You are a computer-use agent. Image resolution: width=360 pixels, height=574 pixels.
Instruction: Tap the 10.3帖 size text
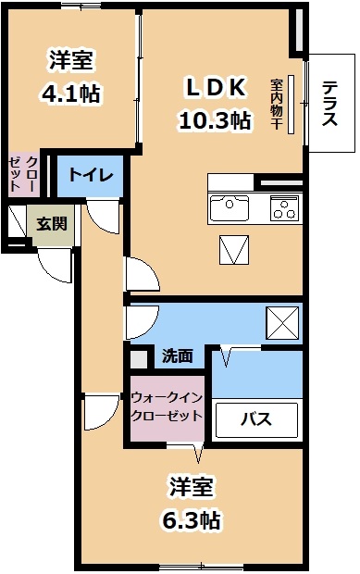pyautogui.click(x=215, y=120)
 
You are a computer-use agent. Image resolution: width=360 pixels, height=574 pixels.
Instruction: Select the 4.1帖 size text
pyautogui.click(x=71, y=94)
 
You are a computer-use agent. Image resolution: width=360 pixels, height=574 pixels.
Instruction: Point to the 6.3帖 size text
pyautogui.click(x=192, y=519)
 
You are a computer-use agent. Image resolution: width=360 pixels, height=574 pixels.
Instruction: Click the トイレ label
pyautogui.click(x=91, y=175)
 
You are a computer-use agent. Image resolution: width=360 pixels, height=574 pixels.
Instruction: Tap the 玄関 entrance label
pyautogui.click(x=52, y=224)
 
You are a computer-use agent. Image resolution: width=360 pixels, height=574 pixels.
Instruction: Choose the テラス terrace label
pyautogui.click(x=329, y=104)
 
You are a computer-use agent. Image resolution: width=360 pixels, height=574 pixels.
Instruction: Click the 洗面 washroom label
pyautogui.click(x=178, y=356)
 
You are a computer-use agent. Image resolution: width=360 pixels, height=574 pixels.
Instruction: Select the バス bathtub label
pyautogui.click(x=255, y=418)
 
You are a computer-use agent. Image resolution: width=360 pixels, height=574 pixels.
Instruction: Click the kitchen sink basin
pyautogui.click(x=229, y=208)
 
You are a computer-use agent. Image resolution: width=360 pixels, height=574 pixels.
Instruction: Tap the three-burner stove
pyautogui.click(x=284, y=208)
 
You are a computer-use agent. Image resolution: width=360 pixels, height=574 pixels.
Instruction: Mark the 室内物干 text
pyautogui.click(x=276, y=104)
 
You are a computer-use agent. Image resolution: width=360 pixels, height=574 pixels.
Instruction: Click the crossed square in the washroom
pyautogui.click(x=282, y=323)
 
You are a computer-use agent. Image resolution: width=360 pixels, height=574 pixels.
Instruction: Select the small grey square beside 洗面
pyautogui.click(x=139, y=360)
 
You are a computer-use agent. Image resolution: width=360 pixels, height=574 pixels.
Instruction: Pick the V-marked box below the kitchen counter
pyautogui.click(x=234, y=250)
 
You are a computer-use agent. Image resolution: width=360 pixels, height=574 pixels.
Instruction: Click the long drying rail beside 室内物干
pyautogui.click(x=291, y=105)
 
